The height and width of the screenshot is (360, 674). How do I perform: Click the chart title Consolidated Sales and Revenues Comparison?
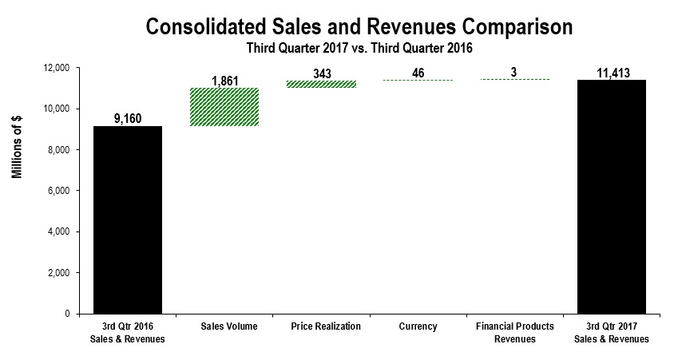359,26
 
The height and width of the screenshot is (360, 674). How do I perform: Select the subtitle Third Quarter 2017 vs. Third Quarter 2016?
359,48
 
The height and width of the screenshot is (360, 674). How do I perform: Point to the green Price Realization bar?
311,84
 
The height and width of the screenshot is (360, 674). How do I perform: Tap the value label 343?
311,73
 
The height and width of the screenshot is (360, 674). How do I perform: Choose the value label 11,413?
612,73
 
